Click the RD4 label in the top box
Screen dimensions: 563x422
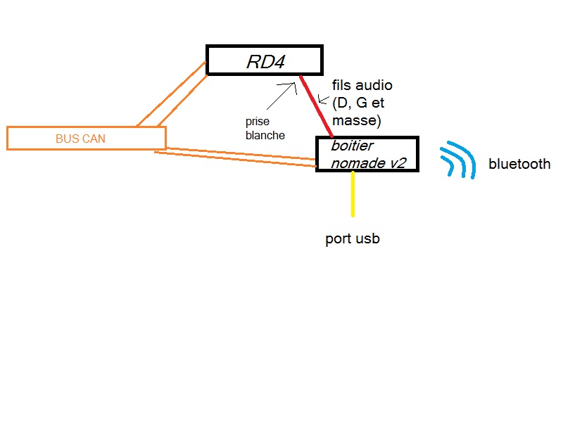pyautogui.click(x=266, y=62)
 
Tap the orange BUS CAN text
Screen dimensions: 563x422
pyautogui.click(x=80, y=139)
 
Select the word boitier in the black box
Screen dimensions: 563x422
pyautogui.click(x=353, y=146)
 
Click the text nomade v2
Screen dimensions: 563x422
pyautogui.click(x=368, y=163)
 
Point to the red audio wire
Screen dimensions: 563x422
pyautogui.click(x=316, y=106)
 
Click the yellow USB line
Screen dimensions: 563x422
pyautogui.click(x=353, y=194)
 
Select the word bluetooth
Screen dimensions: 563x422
pyautogui.click(x=519, y=164)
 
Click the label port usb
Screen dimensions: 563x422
pyautogui.click(x=353, y=239)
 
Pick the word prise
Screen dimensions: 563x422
pyautogui.click(x=258, y=122)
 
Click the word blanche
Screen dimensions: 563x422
pyautogui.click(x=265, y=135)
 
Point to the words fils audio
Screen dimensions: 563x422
pyautogui.click(x=362, y=85)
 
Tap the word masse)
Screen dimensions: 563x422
pyautogui.click(x=357, y=120)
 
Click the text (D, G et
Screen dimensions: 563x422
pyautogui.click(x=358, y=103)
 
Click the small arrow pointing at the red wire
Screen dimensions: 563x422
pyautogui.click(x=323, y=100)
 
